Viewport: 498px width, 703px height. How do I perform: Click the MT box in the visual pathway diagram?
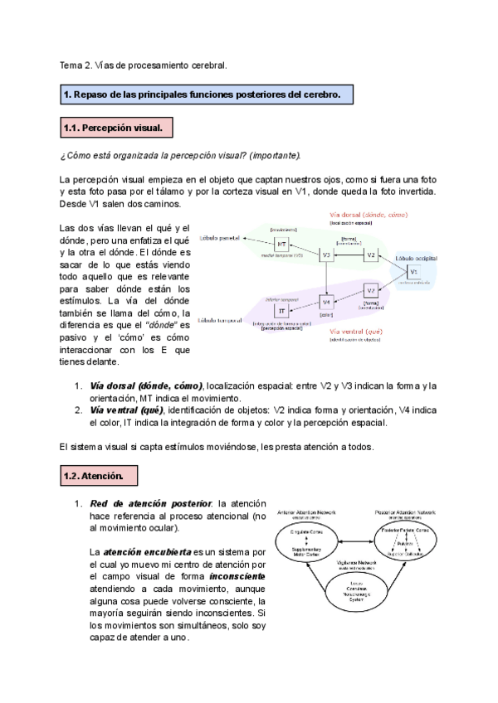click(282, 244)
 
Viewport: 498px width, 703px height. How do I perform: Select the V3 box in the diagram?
click(326, 256)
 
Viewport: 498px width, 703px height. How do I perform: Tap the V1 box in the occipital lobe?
click(413, 273)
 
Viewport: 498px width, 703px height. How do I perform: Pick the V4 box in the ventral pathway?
click(326, 302)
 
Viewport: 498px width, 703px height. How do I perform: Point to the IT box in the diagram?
click(282, 310)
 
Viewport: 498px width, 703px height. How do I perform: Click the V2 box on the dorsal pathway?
click(371, 255)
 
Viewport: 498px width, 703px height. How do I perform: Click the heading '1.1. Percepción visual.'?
click(117, 128)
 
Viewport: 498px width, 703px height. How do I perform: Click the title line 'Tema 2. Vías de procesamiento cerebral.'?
click(143, 64)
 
